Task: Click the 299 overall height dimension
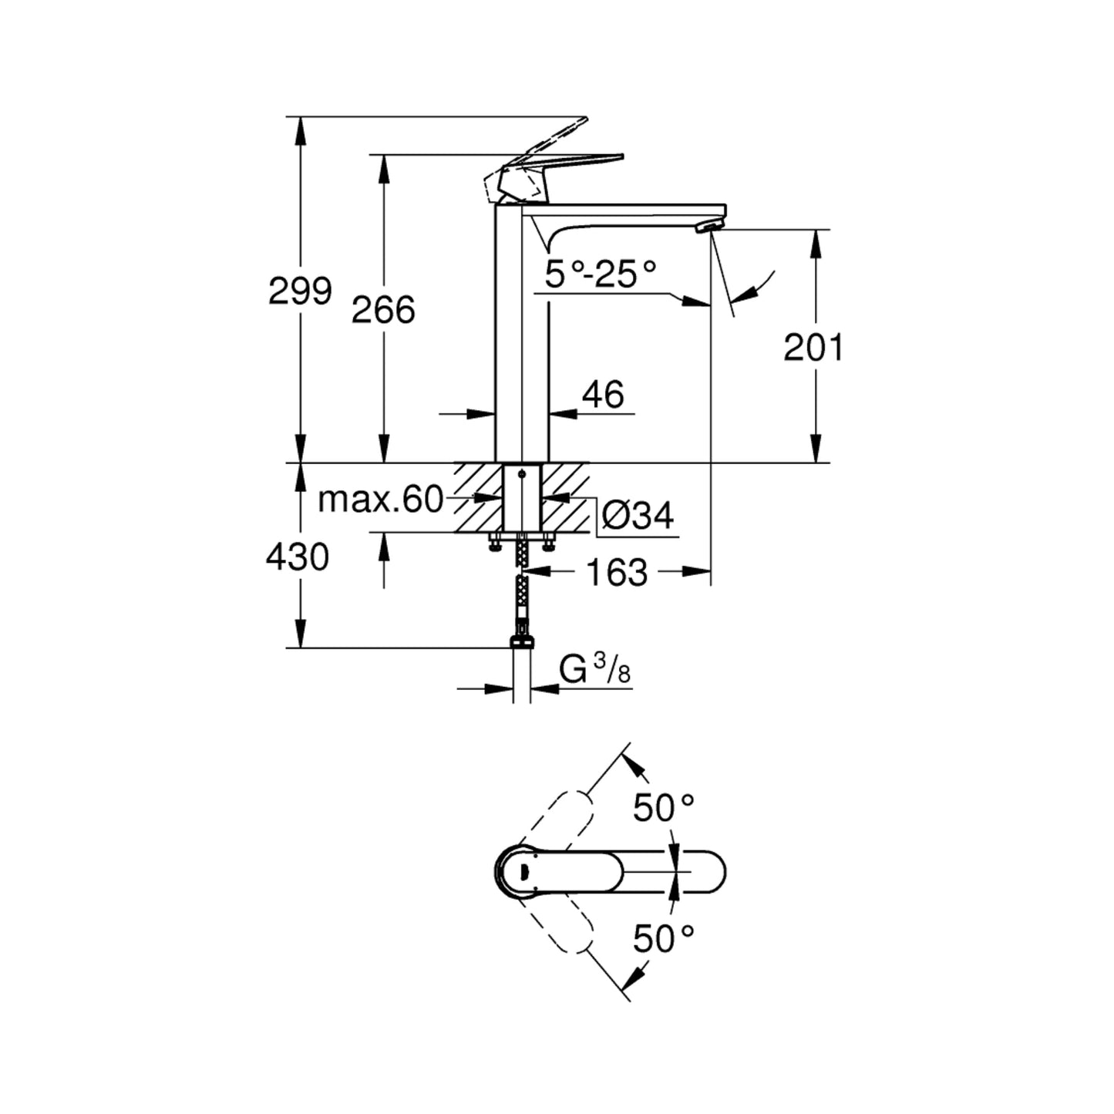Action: [300, 290]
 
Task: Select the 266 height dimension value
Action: [383, 309]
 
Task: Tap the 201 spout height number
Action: [813, 348]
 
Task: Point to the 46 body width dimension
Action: [603, 395]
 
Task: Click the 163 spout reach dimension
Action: [617, 572]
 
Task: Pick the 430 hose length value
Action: [298, 556]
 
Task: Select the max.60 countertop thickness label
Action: [381, 500]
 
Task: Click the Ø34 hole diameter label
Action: [637, 515]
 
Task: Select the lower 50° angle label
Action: [664, 938]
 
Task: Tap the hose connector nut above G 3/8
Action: [523, 641]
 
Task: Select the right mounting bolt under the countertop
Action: [548, 544]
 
